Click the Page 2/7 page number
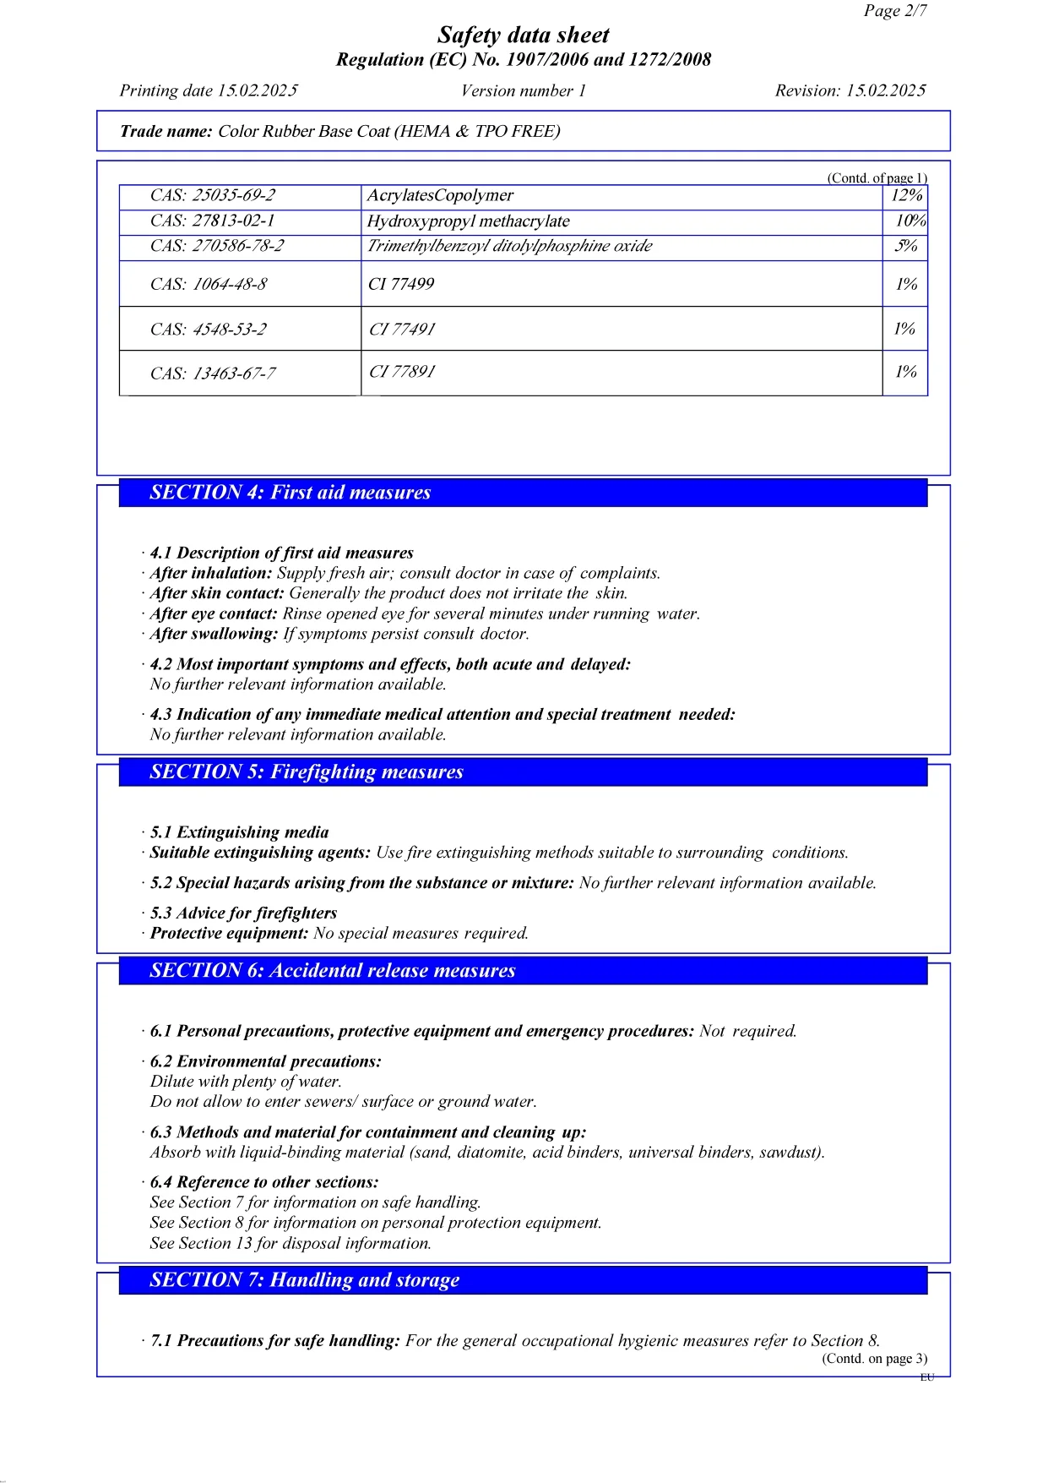coord(894,11)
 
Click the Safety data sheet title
coord(523,35)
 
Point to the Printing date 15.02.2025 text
coord(209,90)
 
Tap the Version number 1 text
coord(523,90)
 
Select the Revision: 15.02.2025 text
coord(850,90)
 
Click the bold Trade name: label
coord(166,131)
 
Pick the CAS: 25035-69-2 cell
coord(213,195)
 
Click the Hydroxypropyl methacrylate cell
coord(468,221)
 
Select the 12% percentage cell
coord(906,195)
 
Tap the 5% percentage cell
coord(906,246)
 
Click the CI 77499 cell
coord(401,284)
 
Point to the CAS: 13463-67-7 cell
coord(213,373)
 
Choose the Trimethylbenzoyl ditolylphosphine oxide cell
coord(509,246)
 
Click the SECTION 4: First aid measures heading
coord(290,493)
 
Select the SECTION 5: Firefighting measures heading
coord(307,771)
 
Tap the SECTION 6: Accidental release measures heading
coord(332,970)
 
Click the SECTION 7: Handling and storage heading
coord(304,1279)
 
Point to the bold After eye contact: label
coord(214,613)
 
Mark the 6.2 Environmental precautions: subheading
coord(265,1061)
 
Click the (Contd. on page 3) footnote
coord(874,1358)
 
